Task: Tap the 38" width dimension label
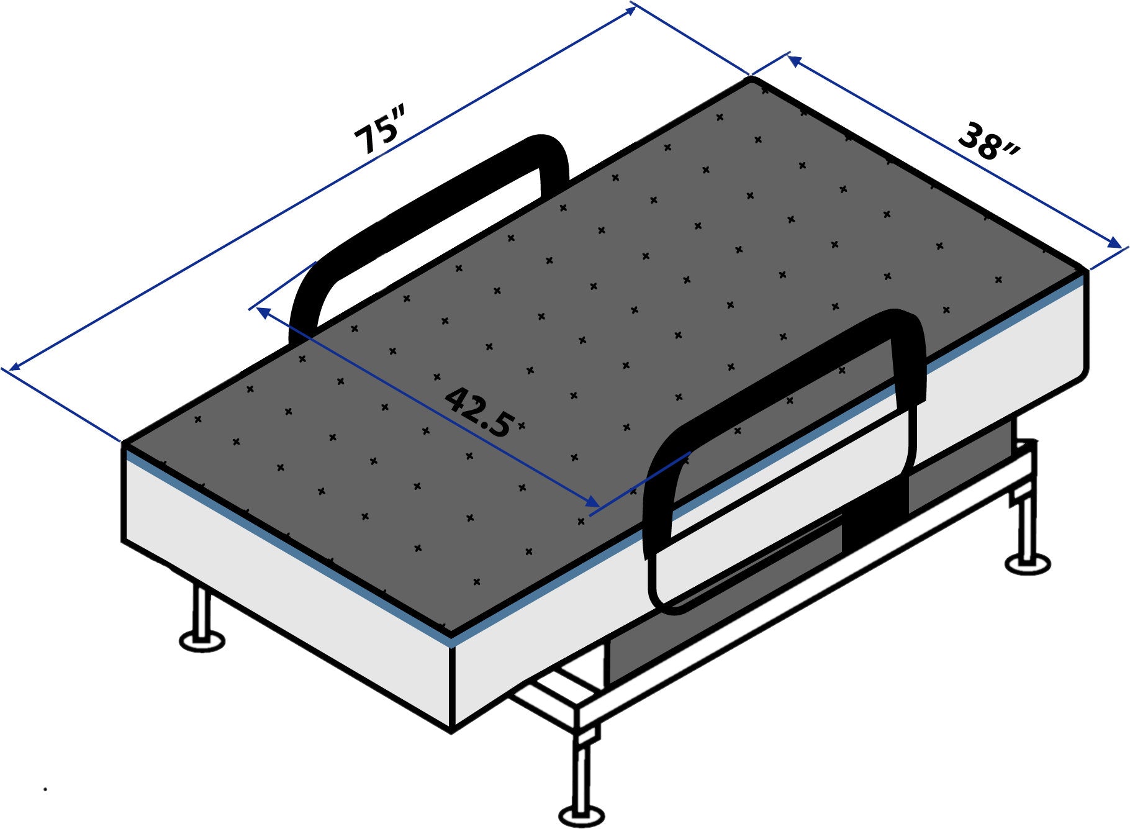988,142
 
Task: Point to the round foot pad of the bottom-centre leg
581,815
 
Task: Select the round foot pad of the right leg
1028,564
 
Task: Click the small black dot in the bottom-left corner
45,790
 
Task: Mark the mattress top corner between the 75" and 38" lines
751,79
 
